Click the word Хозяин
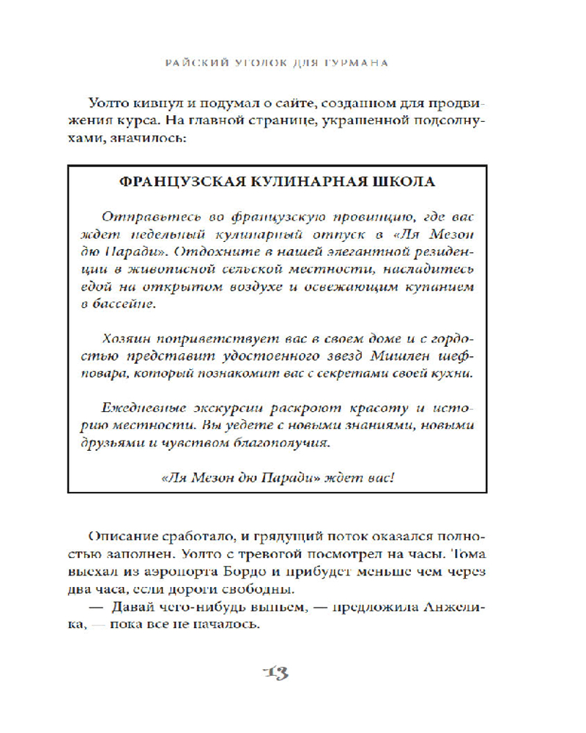(x=120, y=339)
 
